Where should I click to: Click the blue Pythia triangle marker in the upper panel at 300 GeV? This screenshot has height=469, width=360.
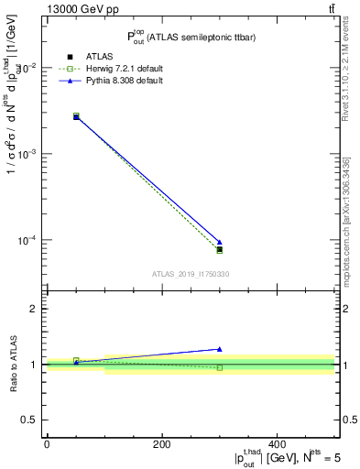tap(219, 242)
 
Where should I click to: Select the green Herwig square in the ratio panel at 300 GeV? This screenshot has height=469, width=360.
tap(219, 367)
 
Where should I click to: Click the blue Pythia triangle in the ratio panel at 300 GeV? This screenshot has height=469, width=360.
tap(219, 349)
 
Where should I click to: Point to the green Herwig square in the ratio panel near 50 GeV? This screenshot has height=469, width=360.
tap(76, 360)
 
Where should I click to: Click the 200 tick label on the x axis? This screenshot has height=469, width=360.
tap(162, 444)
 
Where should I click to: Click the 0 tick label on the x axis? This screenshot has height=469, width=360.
tap(47, 444)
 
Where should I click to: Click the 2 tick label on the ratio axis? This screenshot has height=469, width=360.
tap(33, 309)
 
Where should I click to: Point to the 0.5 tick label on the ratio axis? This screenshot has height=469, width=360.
tap(29, 420)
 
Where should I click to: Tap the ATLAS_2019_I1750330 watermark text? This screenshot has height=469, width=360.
tap(191, 274)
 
